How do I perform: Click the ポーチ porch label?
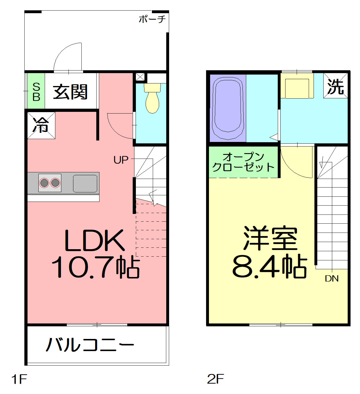tap(152, 19)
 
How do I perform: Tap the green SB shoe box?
tap(36, 91)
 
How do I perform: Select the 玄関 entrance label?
tap(70, 92)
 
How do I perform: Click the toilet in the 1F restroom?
tap(152, 98)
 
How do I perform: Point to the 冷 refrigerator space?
tap(41, 126)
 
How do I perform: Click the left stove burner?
tap(44, 183)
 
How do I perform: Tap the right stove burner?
tap(55, 183)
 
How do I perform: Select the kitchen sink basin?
tap(85, 184)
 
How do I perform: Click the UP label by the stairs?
tap(121, 160)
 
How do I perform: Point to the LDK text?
tap(95, 240)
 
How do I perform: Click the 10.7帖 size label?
tap(96, 267)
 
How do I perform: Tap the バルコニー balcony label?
tap(90, 345)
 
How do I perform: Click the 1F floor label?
tap(19, 379)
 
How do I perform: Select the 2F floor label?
tap(216, 379)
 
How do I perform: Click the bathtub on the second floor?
tap(228, 108)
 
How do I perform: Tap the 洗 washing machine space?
tap(335, 86)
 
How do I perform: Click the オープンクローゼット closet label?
tap(243, 162)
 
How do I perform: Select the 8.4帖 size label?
tap(270, 266)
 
